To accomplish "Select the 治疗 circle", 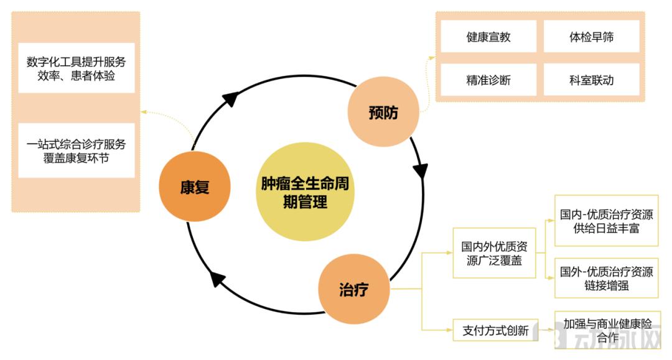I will pyautogui.click(x=353, y=290).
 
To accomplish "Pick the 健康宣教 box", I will pyautogui.click(x=488, y=37).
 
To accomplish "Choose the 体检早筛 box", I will pyautogui.click(x=591, y=37).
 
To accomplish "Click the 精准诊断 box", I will pyautogui.click(x=488, y=80).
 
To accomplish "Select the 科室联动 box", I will pyautogui.click(x=591, y=80).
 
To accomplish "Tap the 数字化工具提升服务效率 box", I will pyautogui.click(x=77, y=68).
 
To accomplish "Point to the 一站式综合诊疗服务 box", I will pyautogui.click(x=77, y=150).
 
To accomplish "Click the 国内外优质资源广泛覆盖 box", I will pyautogui.click(x=494, y=252).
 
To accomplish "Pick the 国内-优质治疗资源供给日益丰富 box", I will pyautogui.click(x=606, y=221).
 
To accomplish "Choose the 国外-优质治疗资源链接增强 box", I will pyautogui.click(x=606, y=278).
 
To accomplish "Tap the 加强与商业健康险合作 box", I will pyautogui.click(x=607, y=330).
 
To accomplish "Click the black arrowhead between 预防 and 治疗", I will pyautogui.click(x=421, y=168).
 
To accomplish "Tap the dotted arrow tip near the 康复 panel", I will pyautogui.click(x=142, y=113).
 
